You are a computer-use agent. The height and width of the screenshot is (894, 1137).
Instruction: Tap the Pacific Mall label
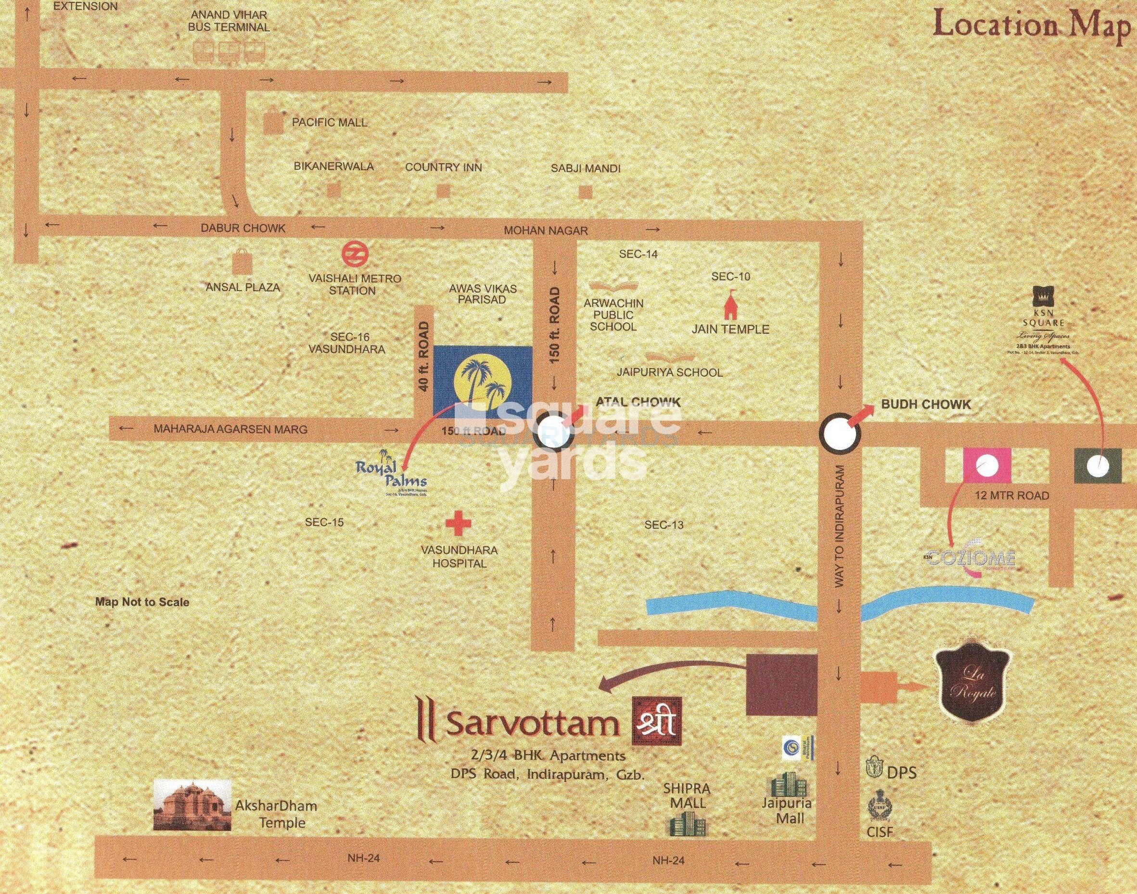pos(329,123)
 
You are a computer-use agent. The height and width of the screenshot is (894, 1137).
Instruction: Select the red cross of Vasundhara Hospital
pos(458,525)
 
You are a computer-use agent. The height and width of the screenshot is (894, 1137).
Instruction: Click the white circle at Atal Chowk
pos(554,431)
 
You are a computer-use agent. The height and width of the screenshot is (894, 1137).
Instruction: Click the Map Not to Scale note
pos(142,602)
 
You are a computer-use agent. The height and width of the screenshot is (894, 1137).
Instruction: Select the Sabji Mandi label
pos(585,168)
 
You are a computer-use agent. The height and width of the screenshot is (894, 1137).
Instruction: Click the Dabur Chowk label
pos(243,228)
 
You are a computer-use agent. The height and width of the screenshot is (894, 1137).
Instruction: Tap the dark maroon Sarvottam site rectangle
pos(781,685)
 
